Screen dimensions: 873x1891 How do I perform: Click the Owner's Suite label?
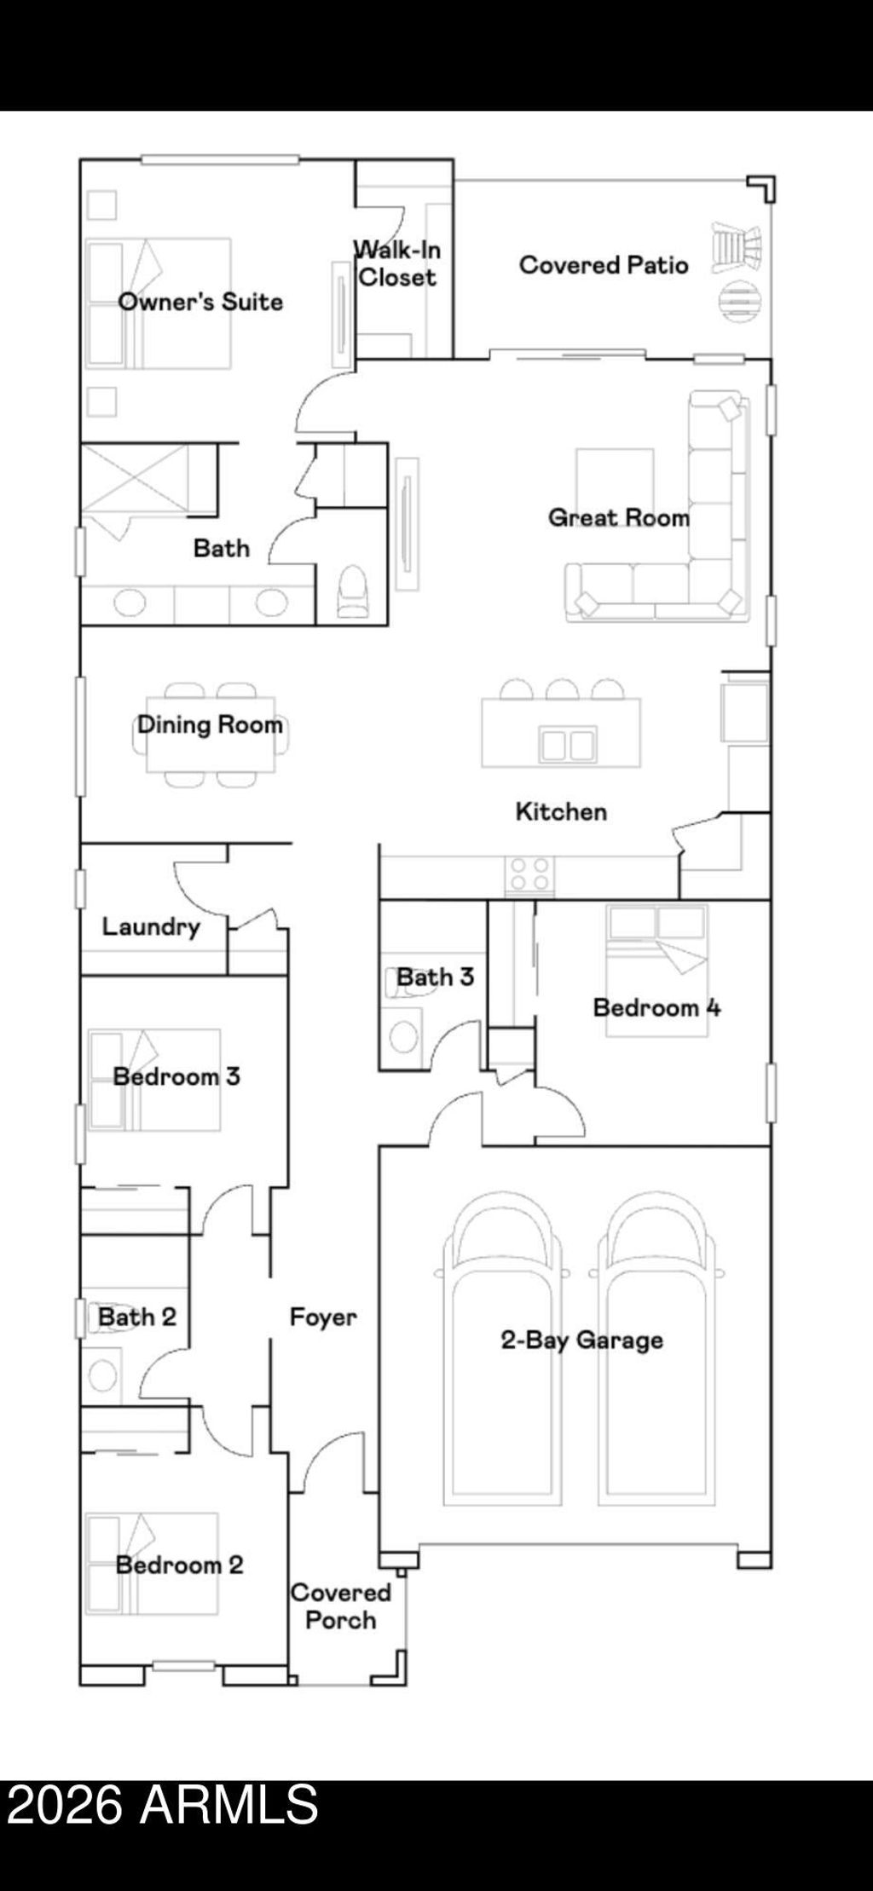200,302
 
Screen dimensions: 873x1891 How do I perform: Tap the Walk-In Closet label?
397,263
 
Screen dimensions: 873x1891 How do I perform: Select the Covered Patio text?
604,265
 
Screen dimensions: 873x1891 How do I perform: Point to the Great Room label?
619,517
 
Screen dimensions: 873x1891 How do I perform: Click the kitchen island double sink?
567,744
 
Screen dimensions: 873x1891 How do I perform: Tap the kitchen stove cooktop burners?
529,874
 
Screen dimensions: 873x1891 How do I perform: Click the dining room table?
211,734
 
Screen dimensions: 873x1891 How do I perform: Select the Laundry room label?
151,927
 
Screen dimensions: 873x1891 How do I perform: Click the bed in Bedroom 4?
656,970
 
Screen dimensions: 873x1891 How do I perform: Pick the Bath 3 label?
435,977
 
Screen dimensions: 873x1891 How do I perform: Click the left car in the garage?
502,1348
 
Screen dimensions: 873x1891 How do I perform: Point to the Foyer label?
323,1317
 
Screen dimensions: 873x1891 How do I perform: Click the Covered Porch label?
341,1606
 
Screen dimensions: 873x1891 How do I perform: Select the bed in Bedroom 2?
152,1564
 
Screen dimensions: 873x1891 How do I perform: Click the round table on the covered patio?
738,300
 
